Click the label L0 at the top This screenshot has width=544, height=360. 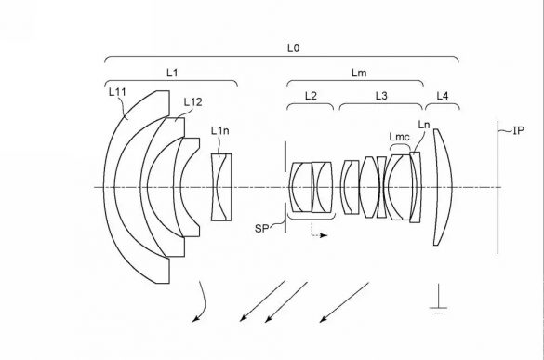pos(293,48)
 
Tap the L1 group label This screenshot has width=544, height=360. pos(172,73)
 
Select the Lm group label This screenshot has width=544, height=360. pos(359,73)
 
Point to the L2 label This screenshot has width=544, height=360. pos(311,96)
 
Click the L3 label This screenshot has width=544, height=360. pos(381,96)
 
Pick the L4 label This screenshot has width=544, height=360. pos(443,96)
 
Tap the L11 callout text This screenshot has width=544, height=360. pos(117,92)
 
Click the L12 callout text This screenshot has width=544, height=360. pos(192,102)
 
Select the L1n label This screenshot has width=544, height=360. pos(220,131)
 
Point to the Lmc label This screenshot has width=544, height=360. pos(399,137)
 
